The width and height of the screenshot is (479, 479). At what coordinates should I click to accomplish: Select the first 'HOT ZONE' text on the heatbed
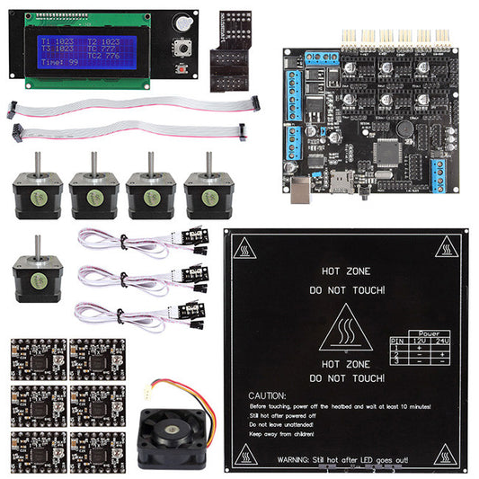coord(346,270)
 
